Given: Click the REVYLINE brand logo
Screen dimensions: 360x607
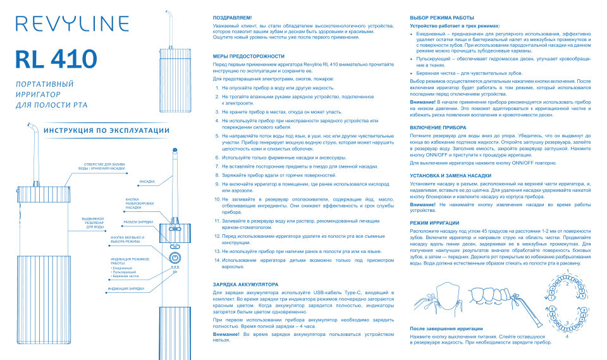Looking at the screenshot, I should (x=57, y=25).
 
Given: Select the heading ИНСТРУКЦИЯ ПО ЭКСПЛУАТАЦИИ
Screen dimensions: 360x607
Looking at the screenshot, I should (x=106, y=130).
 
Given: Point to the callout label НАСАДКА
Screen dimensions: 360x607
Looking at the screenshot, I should (x=147, y=181).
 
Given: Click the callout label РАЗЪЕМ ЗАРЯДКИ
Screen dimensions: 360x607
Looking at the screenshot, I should (x=138, y=222).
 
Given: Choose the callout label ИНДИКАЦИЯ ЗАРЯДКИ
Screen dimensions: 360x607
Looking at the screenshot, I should (x=126, y=289).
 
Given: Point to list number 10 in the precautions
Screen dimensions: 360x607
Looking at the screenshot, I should (x=216, y=199).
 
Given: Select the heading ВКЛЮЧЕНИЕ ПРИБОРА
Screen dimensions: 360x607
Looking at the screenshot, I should (x=438, y=127).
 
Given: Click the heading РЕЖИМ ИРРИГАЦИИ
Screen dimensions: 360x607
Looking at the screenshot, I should (x=434, y=223).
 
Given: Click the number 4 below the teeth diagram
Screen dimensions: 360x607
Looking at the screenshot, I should (x=567, y=337).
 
